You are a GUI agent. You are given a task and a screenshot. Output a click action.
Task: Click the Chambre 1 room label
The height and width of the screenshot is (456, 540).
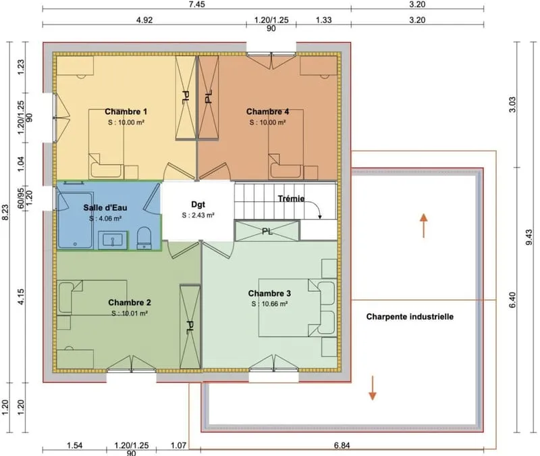126,111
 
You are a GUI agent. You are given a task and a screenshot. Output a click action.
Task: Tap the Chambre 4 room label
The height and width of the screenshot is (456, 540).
267,111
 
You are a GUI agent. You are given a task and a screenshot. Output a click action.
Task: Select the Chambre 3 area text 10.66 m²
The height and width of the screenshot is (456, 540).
269,303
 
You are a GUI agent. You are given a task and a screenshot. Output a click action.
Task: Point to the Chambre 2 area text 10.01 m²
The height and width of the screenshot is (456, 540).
130,313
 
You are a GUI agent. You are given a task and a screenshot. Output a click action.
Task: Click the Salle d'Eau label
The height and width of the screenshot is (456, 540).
105,207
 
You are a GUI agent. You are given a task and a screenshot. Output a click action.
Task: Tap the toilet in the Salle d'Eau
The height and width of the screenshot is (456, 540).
144,238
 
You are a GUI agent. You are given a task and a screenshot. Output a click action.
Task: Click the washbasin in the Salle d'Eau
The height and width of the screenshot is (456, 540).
113,240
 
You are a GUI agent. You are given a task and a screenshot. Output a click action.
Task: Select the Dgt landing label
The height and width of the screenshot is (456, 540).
198,205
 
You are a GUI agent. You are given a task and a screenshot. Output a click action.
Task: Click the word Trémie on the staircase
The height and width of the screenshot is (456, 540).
291,199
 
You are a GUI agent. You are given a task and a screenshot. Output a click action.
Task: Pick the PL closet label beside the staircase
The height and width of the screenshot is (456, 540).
267,231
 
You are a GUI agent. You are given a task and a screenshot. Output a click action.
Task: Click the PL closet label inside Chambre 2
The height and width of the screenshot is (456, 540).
190,327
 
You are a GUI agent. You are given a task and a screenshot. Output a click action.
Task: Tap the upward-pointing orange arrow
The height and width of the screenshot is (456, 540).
424,226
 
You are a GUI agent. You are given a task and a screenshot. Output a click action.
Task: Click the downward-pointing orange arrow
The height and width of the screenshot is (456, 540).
373,388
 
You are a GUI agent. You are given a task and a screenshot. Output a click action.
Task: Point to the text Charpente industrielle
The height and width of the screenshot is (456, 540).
410,316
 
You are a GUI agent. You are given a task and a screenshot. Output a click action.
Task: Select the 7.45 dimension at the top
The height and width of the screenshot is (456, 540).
197,4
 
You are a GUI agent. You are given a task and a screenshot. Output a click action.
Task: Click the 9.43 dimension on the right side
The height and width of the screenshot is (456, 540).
529,237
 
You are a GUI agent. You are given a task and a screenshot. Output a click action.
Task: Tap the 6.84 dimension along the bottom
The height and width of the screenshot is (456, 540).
342,445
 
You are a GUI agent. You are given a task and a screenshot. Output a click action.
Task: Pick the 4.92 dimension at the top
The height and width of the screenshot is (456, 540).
144,20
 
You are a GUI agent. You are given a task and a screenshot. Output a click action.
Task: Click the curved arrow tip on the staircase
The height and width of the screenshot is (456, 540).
320,217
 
